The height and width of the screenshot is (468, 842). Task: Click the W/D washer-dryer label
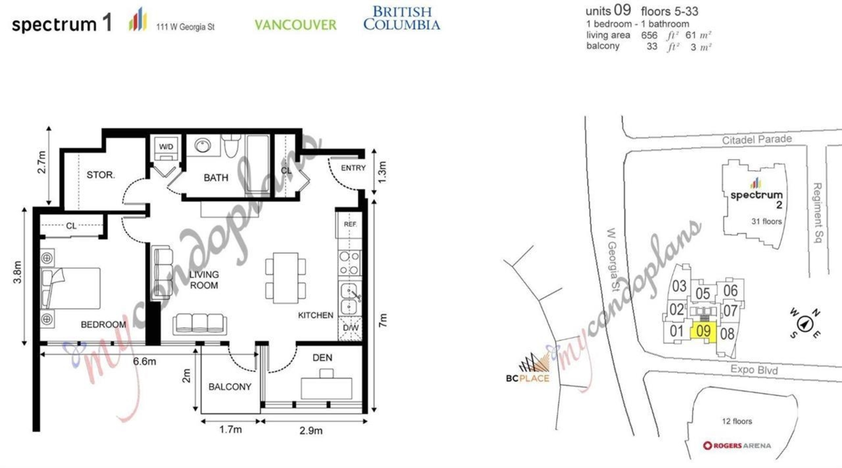(x=167, y=147)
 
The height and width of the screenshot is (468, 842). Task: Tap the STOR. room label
(x=100, y=174)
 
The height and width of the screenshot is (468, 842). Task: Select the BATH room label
(x=216, y=178)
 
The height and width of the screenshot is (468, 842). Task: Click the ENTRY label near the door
(x=354, y=168)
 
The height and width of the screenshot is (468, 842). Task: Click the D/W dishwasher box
(x=348, y=327)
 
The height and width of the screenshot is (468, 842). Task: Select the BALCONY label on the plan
(x=229, y=387)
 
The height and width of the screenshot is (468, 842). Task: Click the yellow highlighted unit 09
(x=704, y=332)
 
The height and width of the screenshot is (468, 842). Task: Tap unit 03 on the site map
(x=679, y=286)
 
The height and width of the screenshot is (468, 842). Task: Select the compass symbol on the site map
(x=805, y=324)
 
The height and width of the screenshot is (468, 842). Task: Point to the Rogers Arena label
(x=737, y=446)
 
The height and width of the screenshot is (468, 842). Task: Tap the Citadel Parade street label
(x=757, y=139)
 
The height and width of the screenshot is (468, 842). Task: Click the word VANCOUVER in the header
(x=295, y=25)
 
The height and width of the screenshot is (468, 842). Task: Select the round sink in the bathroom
(x=202, y=147)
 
